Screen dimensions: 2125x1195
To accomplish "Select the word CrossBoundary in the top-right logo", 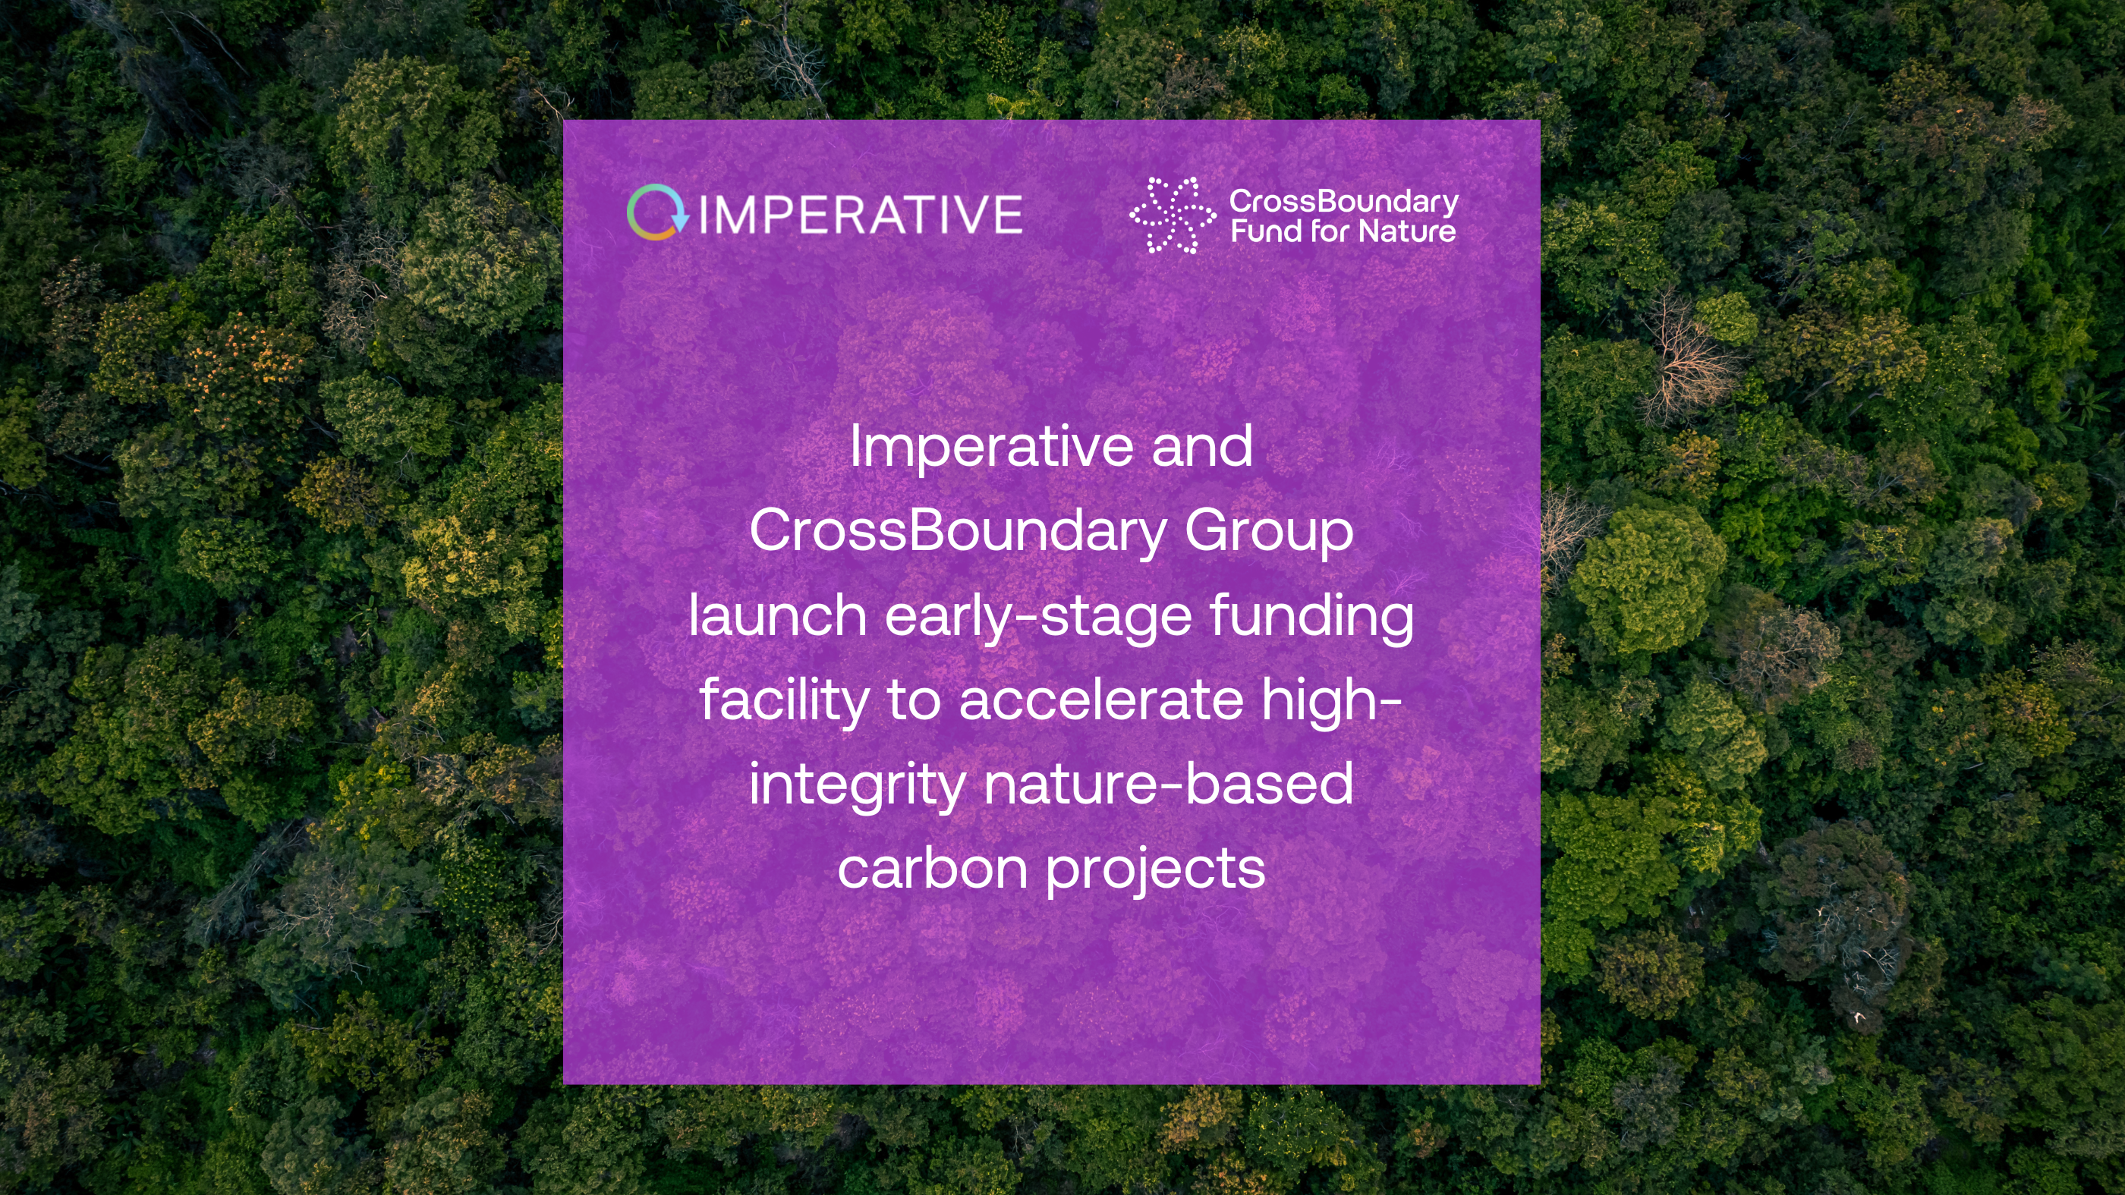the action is pyautogui.click(x=1344, y=202).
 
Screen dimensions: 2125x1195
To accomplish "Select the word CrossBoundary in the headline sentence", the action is pyautogui.click(x=958, y=530).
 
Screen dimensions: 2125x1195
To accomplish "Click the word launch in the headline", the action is pyautogui.click(x=777, y=615).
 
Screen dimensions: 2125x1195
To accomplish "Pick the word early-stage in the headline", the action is pyautogui.click(x=1037, y=617).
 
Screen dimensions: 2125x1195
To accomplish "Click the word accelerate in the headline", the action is pyautogui.click(x=1100, y=700).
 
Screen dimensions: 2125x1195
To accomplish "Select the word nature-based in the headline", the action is pyautogui.click(x=1168, y=785).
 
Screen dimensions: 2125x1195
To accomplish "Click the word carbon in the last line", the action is pyautogui.click(x=932, y=870).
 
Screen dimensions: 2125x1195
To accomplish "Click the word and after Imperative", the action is pyautogui.click(x=1202, y=446).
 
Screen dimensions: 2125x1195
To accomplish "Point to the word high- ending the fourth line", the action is pyautogui.click(x=1332, y=700).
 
